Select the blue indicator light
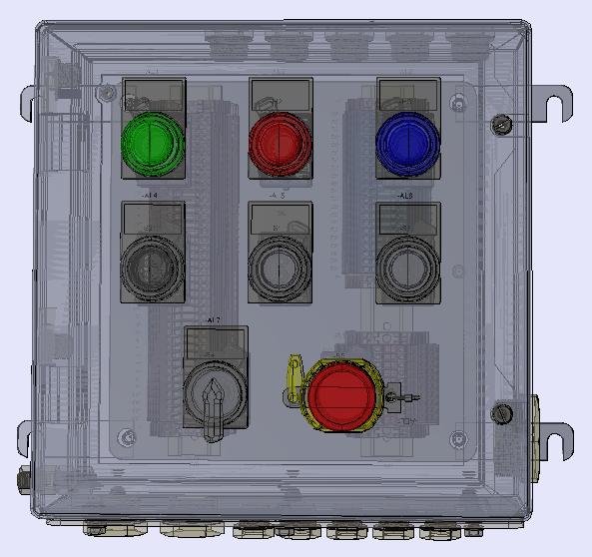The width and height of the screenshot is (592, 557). point(407,143)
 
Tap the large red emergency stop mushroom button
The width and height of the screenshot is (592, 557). point(342,392)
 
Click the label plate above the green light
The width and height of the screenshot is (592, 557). point(153,93)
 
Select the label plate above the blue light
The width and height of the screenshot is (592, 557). point(408,93)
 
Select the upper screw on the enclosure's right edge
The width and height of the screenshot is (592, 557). point(503,124)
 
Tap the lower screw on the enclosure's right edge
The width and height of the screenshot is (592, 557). point(504,411)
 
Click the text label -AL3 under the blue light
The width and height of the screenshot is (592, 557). point(404,196)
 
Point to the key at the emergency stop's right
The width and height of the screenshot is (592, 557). point(403,398)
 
